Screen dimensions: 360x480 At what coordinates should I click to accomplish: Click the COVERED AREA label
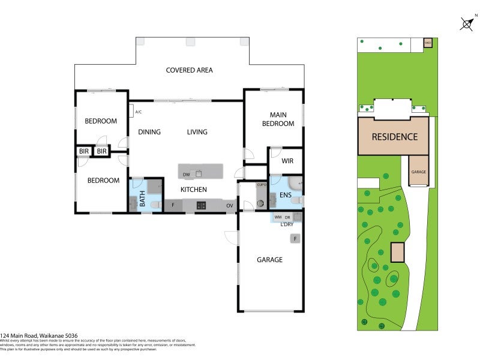189,70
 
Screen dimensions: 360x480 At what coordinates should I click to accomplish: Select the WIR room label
287,161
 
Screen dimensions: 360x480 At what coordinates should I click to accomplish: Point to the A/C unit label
138,112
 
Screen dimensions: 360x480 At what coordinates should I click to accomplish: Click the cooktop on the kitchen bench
202,206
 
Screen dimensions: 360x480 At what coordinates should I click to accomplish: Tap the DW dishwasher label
187,175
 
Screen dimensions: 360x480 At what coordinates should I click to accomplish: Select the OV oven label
229,206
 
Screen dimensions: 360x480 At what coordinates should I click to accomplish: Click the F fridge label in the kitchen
173,206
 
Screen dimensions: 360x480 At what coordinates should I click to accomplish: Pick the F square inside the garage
295,239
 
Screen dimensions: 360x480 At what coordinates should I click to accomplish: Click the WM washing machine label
278,217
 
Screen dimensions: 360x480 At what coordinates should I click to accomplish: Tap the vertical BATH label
143,199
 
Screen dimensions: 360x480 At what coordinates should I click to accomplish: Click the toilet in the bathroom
154,205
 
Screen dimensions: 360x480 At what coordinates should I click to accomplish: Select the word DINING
149,132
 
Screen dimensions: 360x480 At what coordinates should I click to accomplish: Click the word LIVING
197,132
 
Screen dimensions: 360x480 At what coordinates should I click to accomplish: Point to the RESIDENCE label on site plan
394,137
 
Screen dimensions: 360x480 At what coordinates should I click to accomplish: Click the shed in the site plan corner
427,43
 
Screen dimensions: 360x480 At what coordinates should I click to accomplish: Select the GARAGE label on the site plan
418,172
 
